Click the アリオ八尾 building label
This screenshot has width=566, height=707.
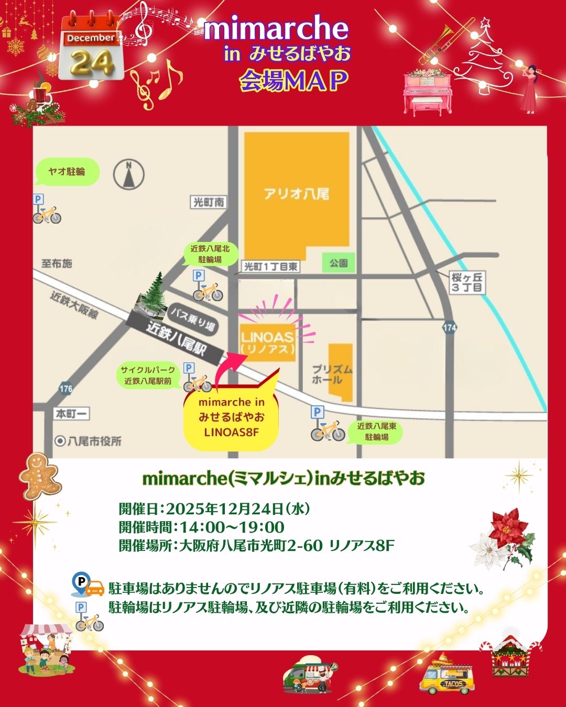[x=297, y=194]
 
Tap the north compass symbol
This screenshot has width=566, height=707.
[x=128, y=174]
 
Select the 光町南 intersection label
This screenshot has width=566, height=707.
[x=209, y=202]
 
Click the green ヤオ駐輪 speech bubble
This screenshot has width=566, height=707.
[x=67, y=172]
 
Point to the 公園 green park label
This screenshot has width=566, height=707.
[x=339, y=263]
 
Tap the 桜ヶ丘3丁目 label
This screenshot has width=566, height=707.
[x=467, y=282]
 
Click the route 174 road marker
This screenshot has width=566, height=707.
[x=450, y=328]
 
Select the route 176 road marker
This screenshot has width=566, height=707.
[x=66, y=389]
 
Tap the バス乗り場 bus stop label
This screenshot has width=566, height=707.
[x=192, y=319]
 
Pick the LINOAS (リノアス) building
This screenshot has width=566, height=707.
[x=267, y=341]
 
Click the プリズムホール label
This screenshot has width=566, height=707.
[x=332, y=374]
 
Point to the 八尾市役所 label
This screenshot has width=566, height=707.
[x=89, y=441]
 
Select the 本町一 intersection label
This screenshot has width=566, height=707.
[x=72, y=414]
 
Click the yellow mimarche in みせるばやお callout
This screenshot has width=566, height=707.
[x=231, y=417]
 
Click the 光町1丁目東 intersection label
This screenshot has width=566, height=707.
[x=271, y=267]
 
